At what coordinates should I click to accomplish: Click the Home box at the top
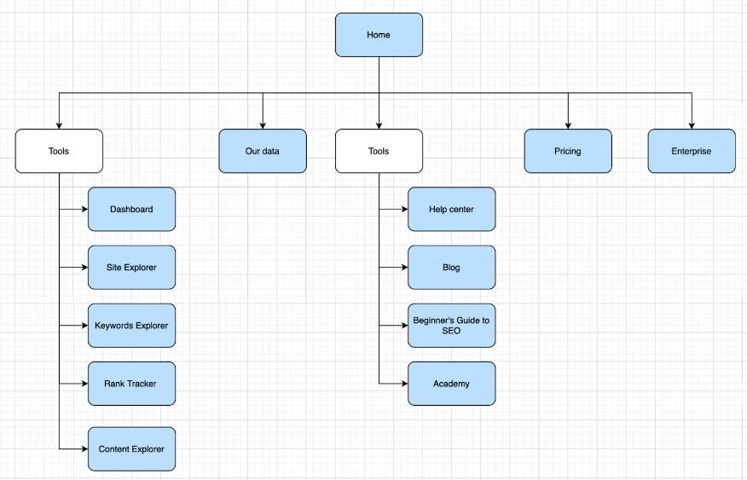tap(379, 35)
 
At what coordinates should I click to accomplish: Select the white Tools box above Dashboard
tap(59, 151)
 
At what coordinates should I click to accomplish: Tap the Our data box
tap(262, 151)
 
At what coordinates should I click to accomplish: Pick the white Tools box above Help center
tap(379, 151)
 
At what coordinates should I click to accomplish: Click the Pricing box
tap(567, 151)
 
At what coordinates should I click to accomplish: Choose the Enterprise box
tap(691, 151)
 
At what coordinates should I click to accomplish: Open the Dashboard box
tap(131, 209)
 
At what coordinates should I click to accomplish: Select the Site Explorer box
tap(131, 267)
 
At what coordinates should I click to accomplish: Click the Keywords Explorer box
tap(131, 325)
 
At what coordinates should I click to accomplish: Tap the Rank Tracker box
tap(131, 383)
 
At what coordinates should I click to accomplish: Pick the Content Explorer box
tap(131, 448)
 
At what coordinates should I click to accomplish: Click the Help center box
tap(451, 209)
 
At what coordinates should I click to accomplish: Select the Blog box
tap(451, 267)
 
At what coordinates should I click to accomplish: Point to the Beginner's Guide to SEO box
tap(451, 325)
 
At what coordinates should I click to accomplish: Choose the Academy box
tap(451, 383)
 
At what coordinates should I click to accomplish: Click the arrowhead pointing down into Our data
tap(263, 124)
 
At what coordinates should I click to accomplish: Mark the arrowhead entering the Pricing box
tap(568, 124)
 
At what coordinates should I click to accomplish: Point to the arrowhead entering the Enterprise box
tap(692, 124)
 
